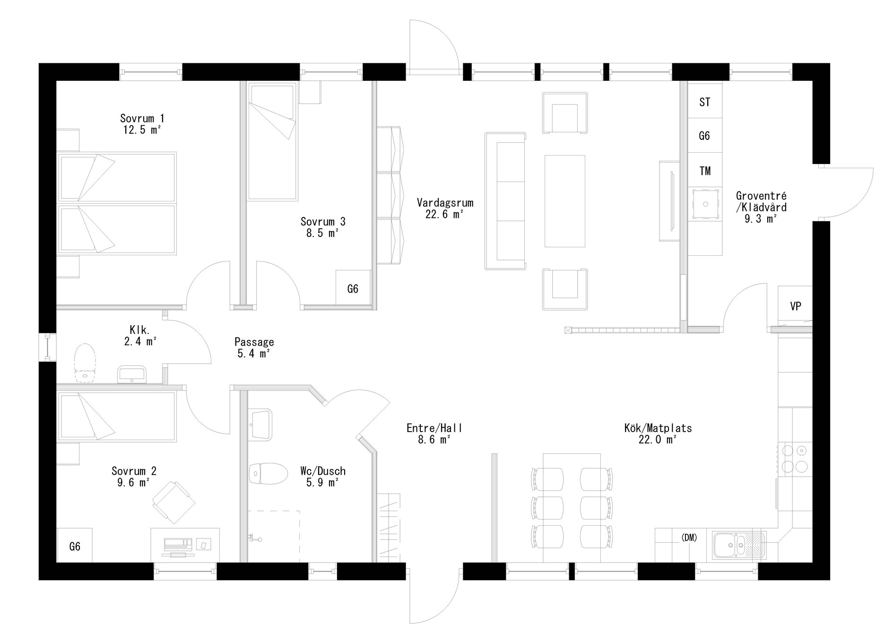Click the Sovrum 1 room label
click(142, 124)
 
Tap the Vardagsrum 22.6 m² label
click(445, 208)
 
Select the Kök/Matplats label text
click(658, 434)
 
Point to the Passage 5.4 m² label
click(254, 347)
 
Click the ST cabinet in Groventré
click(704, 102)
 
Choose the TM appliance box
click(704, 170)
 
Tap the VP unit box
click(795, 306)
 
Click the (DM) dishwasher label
click(689, 538)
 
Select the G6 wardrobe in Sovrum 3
click(353, 288)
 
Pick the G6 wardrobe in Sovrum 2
click(75, 547)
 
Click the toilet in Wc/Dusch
click(269, 473)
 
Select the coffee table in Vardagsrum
click(564, 201)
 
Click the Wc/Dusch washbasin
click(261, 424)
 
